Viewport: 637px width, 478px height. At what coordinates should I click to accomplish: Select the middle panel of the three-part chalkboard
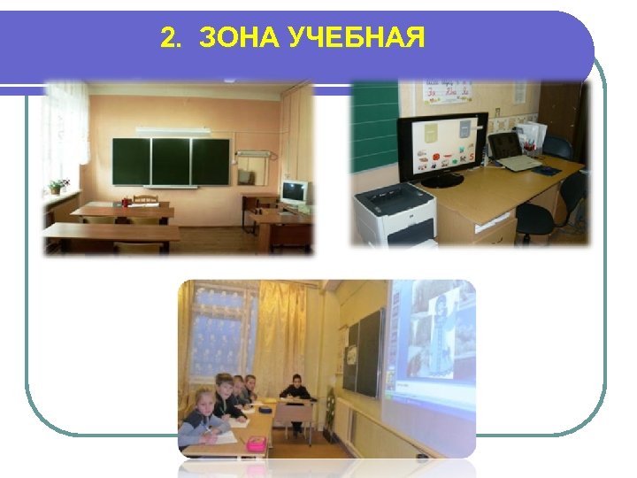(170, 160)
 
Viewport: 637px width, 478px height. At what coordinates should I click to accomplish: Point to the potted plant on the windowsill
(58, 186)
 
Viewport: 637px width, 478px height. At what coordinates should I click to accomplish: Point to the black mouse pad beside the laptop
(546, 169)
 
